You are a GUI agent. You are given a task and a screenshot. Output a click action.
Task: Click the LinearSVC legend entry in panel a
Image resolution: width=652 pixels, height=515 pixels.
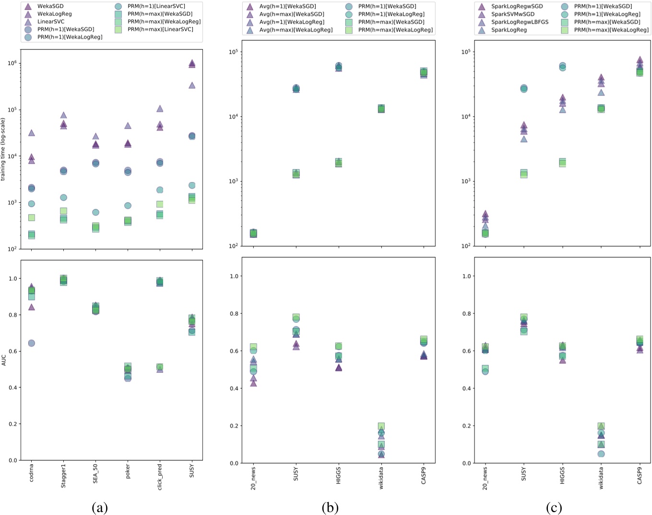coord(50,22)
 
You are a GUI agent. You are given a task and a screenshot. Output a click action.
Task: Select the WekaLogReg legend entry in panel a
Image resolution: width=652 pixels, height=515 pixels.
coord(54,14)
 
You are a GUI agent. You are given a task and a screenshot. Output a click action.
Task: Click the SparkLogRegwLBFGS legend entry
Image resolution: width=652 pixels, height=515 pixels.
coord(520,22)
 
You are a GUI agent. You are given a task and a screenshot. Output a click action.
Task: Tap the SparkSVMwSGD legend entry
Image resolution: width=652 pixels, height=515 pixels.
coord(512,14)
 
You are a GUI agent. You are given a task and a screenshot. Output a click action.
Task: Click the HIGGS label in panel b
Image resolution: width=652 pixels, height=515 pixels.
coord(338,474)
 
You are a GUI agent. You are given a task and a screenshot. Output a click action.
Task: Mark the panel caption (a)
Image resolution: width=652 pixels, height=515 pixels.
coord(99,507)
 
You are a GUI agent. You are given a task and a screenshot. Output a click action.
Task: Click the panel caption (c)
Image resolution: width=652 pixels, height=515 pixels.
coord(554,507)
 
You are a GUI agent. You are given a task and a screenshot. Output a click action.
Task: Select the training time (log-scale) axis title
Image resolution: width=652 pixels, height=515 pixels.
coord(3,149)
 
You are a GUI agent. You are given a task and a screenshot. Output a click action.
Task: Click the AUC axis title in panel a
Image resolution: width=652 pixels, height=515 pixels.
coord(3,360)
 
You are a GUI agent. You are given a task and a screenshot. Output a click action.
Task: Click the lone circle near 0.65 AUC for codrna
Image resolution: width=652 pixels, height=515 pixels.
coord(31,343)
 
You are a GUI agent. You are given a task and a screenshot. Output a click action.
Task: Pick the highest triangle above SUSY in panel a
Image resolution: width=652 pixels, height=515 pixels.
coord(192,63)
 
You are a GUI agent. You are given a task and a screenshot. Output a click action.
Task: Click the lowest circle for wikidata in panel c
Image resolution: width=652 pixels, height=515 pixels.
coord(601,454)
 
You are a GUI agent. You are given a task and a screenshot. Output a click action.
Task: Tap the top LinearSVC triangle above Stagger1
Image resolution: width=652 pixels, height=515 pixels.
coord(63,115)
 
